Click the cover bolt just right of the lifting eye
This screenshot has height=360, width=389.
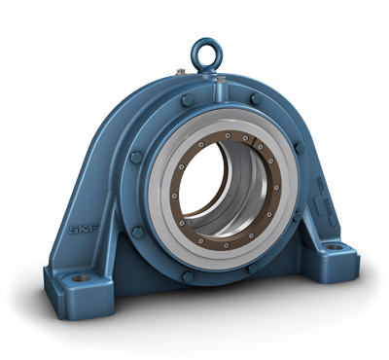point(255,98)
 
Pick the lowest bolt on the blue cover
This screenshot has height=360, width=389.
point(187,275)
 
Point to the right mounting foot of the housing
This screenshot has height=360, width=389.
point(336,255)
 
